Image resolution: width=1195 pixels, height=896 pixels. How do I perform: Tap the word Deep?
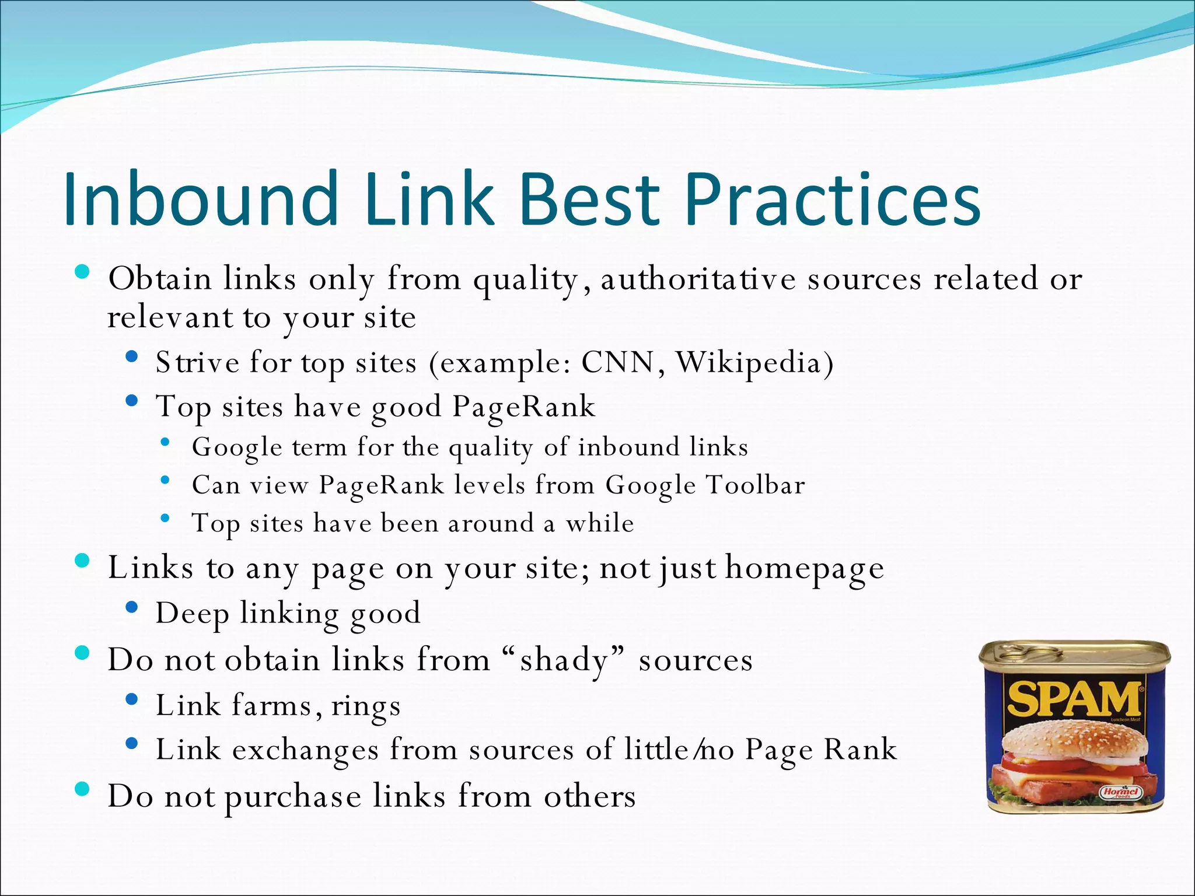point(192,614)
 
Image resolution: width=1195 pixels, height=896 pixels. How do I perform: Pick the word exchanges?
point(305,750)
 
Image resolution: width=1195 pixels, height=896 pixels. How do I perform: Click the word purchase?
point(293,797)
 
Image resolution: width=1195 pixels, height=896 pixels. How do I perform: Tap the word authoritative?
point(698,279)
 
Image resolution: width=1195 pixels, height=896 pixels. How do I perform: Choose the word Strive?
point(197,363)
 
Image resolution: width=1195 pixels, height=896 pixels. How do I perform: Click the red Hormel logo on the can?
point(1120,792)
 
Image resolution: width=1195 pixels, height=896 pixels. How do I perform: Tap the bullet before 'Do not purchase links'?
point(83,790)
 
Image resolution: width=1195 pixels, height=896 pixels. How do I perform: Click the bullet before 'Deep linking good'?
point(131,608)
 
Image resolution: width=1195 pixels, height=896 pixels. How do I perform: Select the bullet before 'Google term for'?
point(166,442)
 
